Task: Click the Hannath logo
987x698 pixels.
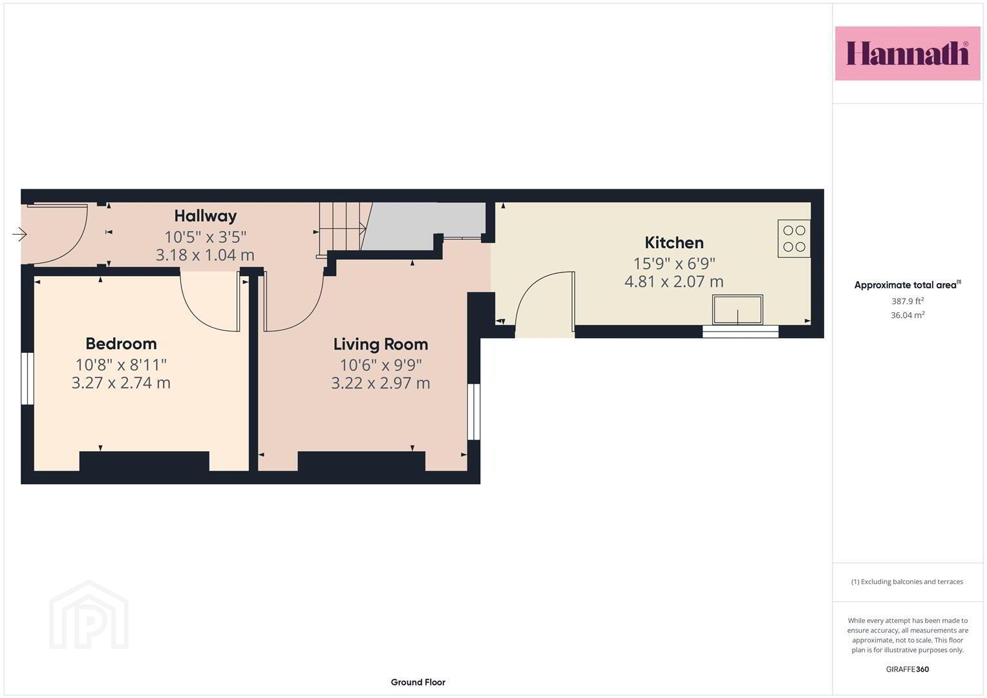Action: pos(907,53)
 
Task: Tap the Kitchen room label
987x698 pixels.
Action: pos(674,243)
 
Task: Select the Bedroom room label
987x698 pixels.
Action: pos(121,344)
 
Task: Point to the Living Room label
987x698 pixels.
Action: pos(381,344)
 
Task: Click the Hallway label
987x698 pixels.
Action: pos(206,216)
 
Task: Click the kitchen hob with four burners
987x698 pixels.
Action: pos(794,238)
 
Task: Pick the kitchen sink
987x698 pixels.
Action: pos(738,310)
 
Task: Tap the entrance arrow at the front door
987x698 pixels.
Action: pos(20,234)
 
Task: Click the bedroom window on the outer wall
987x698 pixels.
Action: pos(27,379)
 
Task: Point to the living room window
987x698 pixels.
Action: pos(474,412)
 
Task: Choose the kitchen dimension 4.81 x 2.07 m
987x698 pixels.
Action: pos(674,282)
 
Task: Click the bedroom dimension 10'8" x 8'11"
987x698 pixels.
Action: pos(121,365)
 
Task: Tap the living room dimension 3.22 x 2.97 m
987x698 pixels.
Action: pos(381,383)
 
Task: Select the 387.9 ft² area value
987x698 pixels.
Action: pos(907,301)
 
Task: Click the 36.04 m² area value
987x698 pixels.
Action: pos(907,315)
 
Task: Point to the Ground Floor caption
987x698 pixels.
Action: pos(418,682)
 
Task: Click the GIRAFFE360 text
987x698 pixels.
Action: pos(907,669)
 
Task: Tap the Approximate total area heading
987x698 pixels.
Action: pos(907,284)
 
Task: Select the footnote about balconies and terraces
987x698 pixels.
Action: pos(907,582)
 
